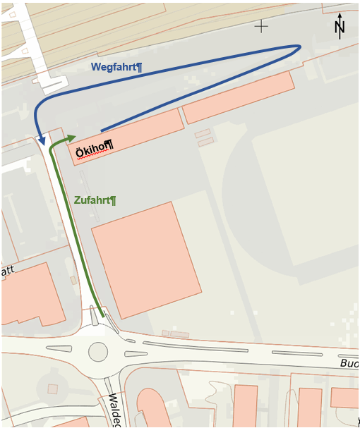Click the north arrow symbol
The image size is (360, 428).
tap(340, 26)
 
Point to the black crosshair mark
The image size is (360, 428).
tap(261, 26)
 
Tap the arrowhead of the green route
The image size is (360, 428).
tap(72, 136)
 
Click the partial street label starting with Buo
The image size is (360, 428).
tap(349, 364)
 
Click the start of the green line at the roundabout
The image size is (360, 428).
tap(103, 317)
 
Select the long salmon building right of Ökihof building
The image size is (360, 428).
tap(239, 97)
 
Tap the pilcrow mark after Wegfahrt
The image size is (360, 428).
tap(139, 67)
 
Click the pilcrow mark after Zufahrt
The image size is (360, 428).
tap(113, 201)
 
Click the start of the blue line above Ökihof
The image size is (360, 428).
tap(102, 130)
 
